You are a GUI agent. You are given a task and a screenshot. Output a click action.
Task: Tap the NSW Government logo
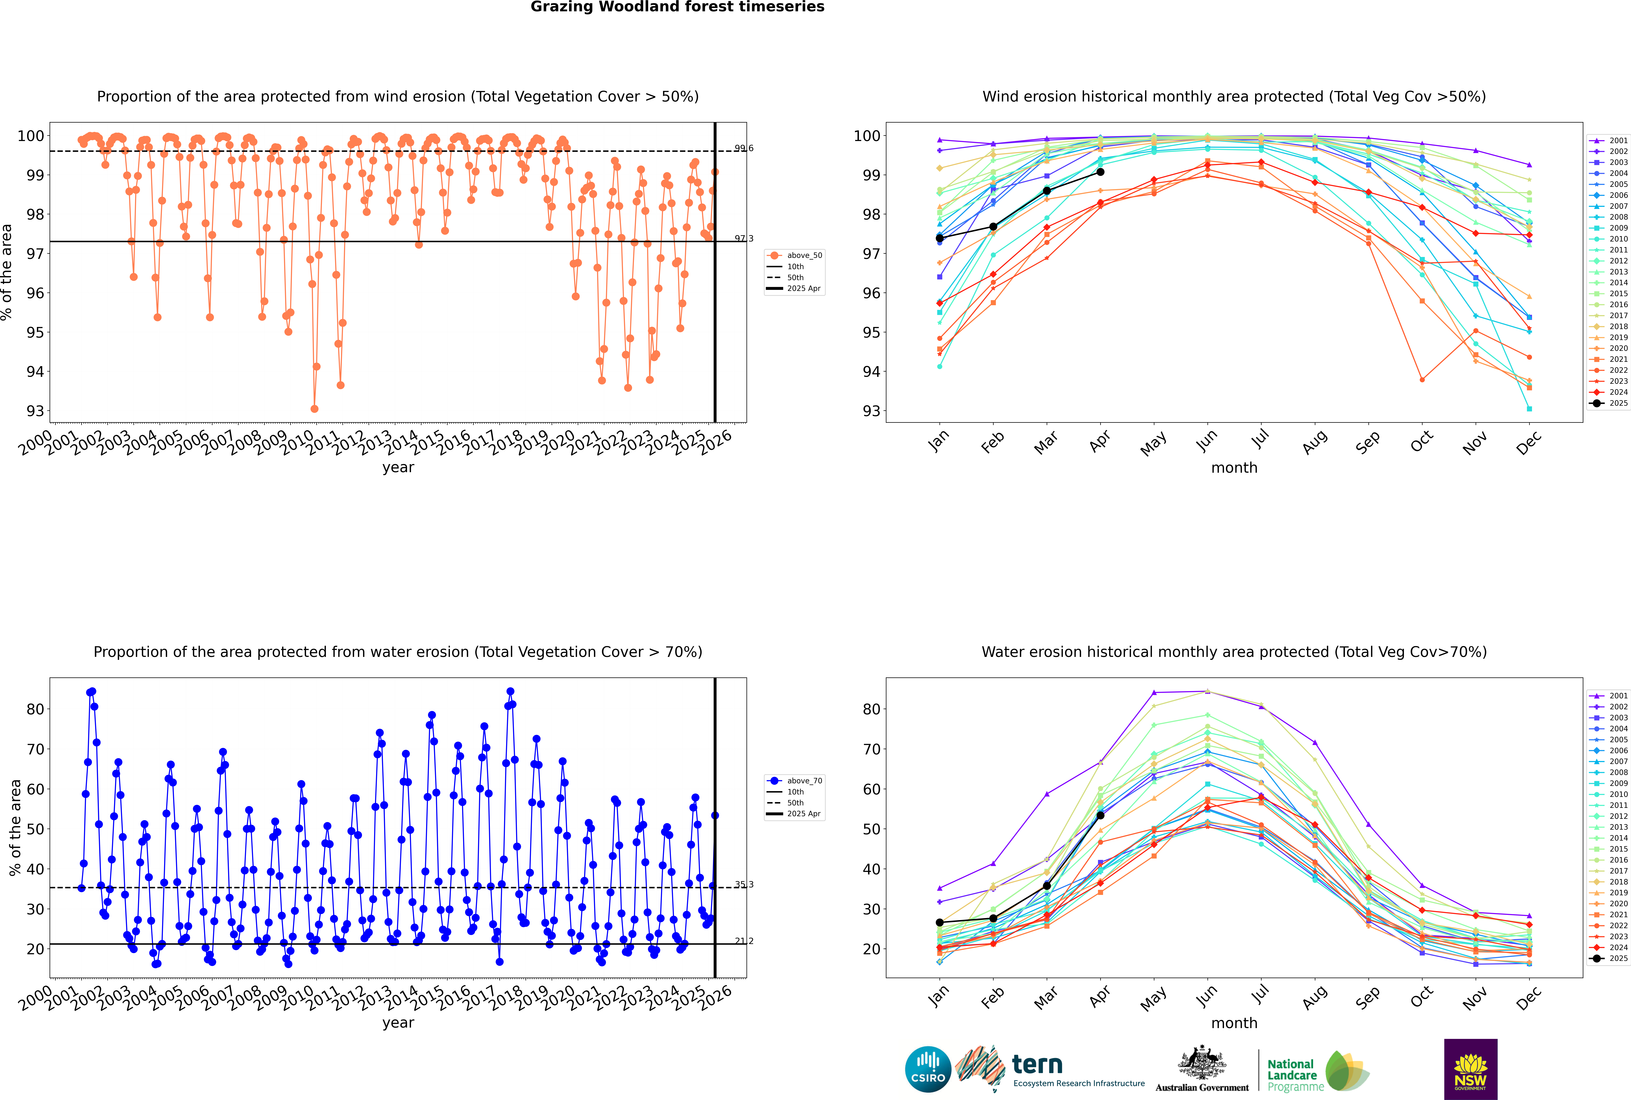[x=1470, y=1068]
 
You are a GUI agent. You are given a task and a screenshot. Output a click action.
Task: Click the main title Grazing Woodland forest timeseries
[x=677, y=7]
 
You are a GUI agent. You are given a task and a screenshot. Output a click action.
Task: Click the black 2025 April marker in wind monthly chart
[x=1100, y=172]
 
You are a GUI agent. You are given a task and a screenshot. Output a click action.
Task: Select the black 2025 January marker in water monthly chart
[x=940, y=923]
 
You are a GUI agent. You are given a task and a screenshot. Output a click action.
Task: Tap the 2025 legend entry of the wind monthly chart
[x=1613, y=403]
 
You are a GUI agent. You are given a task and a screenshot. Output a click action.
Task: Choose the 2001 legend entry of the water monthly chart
[x=1613, y=696]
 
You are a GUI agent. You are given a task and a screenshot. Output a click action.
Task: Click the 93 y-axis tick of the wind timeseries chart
[x=35, y=411]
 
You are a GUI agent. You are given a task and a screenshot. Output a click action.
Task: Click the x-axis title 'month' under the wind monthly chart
[x=1234, y=468]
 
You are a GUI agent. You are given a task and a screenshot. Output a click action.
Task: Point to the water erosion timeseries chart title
[x=398, y=652]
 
